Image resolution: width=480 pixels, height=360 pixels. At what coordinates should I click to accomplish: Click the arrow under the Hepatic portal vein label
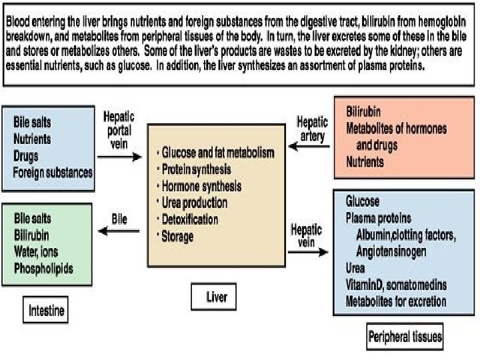pyautogui.click(x=120, y=158)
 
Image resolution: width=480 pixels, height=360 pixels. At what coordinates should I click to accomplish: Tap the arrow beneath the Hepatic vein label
pyautogui.click(x=309, y=253)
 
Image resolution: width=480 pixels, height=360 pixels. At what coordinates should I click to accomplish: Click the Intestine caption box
pyautogui.click(x=47, y=310)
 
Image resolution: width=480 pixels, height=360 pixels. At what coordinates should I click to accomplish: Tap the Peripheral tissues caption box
pyautogui.click(x=405, y=337)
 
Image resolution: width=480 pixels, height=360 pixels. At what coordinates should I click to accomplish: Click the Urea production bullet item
pyautogui.click(x=194, y=203)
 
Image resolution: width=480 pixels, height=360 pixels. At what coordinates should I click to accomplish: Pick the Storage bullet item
pyautogui.click(x=177, y=236)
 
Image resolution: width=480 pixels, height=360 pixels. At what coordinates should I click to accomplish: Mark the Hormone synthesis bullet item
pyautogui.click(x=201, y=186)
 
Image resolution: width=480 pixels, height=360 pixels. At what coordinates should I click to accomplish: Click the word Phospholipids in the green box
pyautogui.click(x=43, y=269)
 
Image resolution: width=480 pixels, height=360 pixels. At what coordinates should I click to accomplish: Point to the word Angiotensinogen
pyautogui.click(x=399, y=252)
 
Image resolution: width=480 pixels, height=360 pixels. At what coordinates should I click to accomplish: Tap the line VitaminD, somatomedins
pyautogui.click(x=396, y=285)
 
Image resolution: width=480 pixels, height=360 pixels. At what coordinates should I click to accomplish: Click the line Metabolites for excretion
pyautogui.click(x=396, y=302)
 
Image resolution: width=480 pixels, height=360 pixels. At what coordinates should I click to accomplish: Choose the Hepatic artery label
pyautogui.click(x=312, y=129)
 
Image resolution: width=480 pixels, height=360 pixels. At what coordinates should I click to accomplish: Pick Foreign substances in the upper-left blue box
pyautogui.click(x=53, y=172)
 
